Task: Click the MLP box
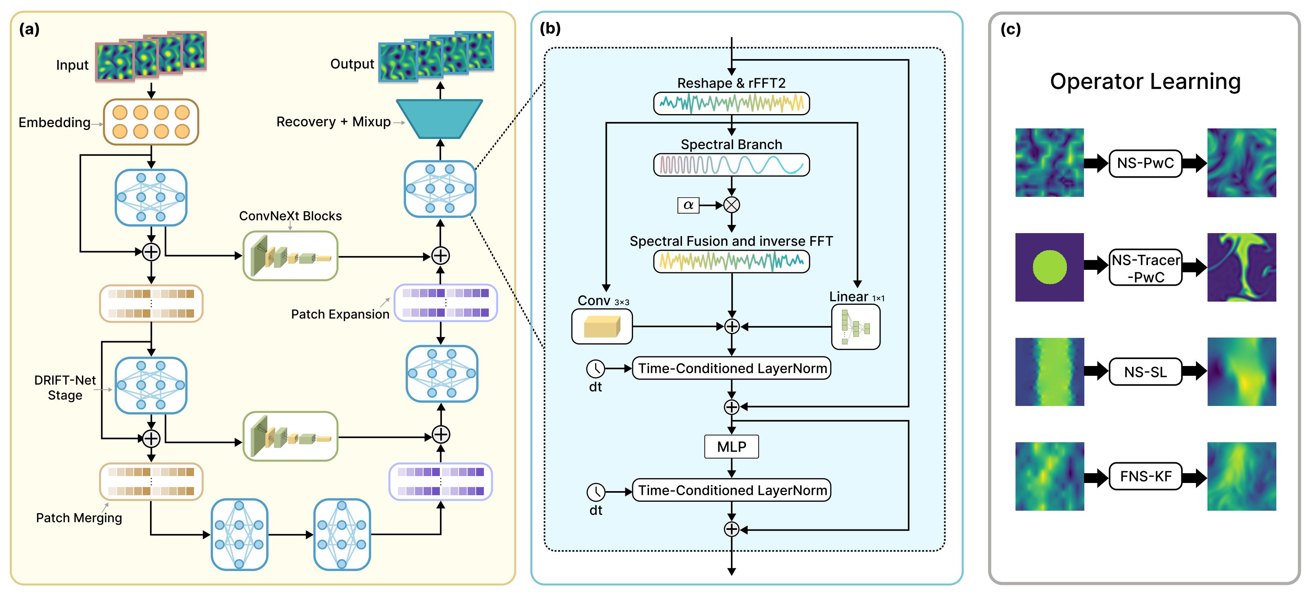click(x=731, y=446)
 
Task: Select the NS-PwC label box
click(x=1145, y=163)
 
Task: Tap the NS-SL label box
click(x=1145, y=372)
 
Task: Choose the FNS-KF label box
click(x=1145, y=476)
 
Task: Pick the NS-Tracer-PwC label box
click(x=1145, y=268)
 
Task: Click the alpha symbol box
click(x=688, y=205)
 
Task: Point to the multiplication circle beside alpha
click(x=731, y=205)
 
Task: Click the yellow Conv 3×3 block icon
click(x=602, y=326)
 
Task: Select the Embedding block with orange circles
click(x=151, y=122)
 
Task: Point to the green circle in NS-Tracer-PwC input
click(x=1049, y=267)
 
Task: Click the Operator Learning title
click(x=1145, y=82)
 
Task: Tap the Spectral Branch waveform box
click(x=731, y=165)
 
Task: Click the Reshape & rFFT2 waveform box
click(x=731, y=103)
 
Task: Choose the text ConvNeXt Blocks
click(x=290, y=216)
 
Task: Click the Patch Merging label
click(x=79, y=518)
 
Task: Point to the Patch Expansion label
click(x=340, y=314)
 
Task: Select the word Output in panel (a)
click(x=352, y=64)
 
